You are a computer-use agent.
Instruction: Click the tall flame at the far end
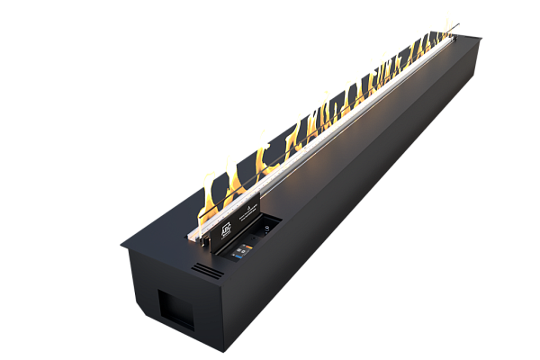(447, 22)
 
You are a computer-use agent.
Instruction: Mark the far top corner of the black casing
(482, 38)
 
